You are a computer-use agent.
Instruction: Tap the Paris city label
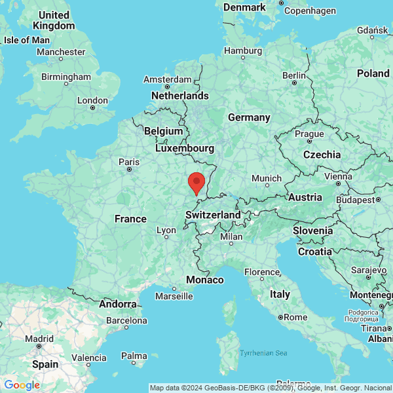129,162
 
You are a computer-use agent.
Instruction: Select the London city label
92,100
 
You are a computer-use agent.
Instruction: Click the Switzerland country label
213,215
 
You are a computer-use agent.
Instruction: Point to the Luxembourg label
185,148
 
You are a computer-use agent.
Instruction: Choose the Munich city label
267,178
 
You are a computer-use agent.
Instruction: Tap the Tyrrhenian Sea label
263,353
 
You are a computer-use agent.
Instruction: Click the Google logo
22,385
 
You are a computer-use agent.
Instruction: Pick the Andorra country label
117,304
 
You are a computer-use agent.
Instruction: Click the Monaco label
205,280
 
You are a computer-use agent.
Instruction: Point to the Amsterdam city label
167,80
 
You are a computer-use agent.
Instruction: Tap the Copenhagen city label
310,11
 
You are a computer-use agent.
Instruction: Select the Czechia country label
322,155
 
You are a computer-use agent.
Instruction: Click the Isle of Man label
26,40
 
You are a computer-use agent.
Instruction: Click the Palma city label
134,356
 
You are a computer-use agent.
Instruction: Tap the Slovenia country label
312,231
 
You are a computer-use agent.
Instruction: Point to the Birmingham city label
65,77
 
